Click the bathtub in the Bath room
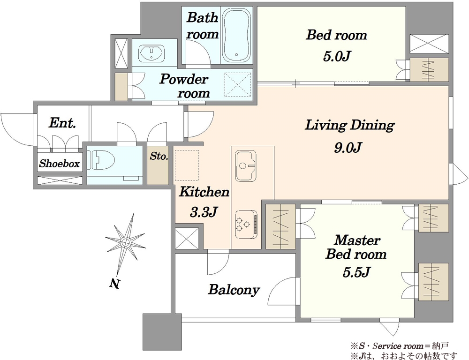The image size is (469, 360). tap(236, 35)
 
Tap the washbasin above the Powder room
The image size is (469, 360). tap(151, 54)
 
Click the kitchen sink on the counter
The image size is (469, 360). tap(246, 166)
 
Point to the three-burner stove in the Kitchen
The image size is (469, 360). tap(246, 224)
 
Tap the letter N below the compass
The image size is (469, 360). tap(114, 284)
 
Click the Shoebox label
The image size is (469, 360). tap(60, 164)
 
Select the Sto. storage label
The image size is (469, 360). tap(159, 156)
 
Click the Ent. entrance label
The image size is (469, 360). tap(62, 123)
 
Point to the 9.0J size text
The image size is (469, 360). tap(348, 147)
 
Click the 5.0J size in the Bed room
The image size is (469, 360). tap(336, 56)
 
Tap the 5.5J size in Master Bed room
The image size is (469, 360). tap(356, 272)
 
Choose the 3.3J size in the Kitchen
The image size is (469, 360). tap(203, 212)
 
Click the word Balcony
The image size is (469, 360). tap(234, 289)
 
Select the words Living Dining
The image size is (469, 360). tap(350, 125)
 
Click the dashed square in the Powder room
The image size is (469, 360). tap(237, 85)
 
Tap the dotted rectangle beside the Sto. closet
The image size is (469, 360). tap(187, 165)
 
